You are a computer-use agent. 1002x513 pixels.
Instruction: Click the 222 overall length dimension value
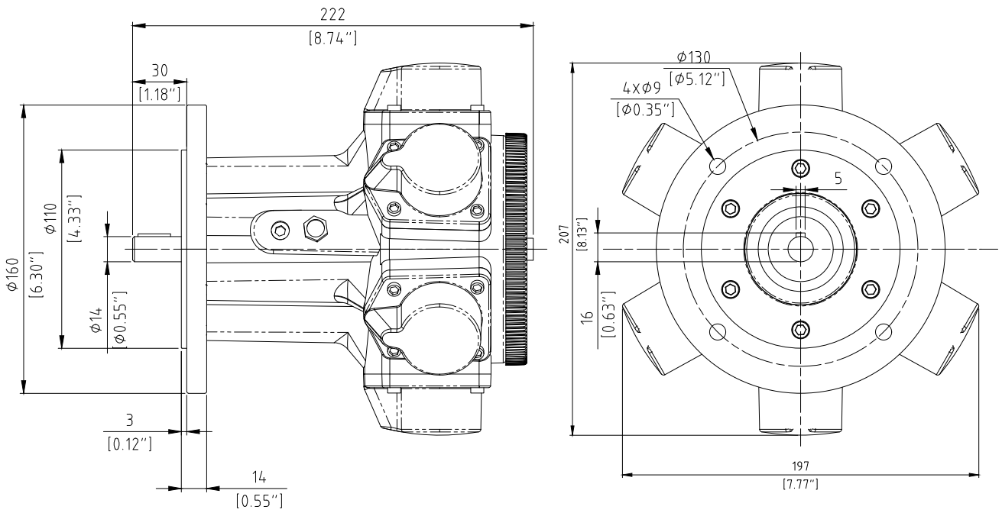[x=332, y=14]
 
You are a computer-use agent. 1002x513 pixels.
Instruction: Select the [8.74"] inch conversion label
[x=332, y=37]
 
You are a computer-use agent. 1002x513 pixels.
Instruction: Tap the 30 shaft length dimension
[x=159, y=70]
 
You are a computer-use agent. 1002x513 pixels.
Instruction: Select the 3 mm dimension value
[x=129, y=420]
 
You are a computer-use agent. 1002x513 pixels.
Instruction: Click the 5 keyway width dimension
[x=838, y=179]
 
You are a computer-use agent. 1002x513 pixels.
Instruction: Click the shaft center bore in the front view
[x=799, y=249]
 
